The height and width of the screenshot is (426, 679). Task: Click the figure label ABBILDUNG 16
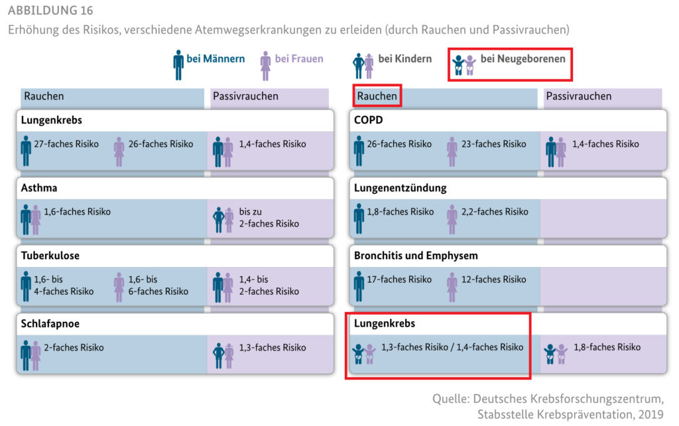[50, 10]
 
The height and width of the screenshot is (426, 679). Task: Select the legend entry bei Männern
[208, 64]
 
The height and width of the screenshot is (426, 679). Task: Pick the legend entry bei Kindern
[392, 65]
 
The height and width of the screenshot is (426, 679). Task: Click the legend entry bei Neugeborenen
[509, 64]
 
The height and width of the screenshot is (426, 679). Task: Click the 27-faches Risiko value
[66, 144]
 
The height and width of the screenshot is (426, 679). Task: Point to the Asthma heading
[39, 187]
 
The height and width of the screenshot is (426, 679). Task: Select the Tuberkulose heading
[50, 256]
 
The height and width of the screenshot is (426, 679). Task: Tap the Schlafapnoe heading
[50, 323]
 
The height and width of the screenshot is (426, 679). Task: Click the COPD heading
[369, 120]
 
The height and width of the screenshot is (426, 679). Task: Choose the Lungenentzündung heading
[400, 188]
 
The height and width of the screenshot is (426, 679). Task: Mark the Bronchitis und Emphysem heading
[416, 256]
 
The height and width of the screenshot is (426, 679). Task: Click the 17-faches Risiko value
[399, 280]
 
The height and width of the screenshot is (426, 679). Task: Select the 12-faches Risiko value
[493, 280]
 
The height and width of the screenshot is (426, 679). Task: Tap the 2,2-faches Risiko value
[495, 212]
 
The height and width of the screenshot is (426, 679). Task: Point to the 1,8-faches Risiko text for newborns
[607, 347]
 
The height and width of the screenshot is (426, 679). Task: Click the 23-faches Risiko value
[493, 144]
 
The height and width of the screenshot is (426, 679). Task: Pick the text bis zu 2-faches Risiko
[269, 217]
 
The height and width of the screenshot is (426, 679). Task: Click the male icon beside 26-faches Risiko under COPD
[359, 151]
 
